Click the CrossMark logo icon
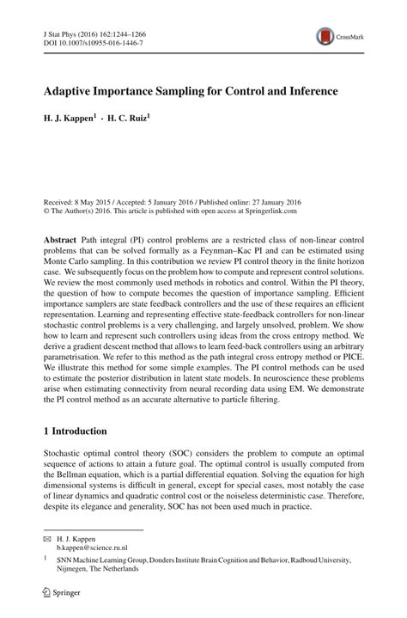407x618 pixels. pyautogui.click(x=326, y=36)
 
